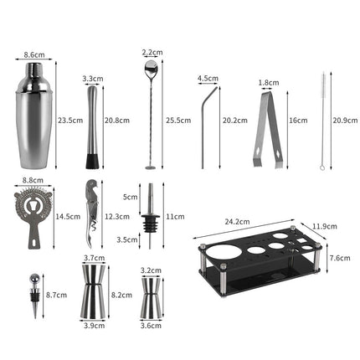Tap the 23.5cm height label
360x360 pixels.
[70, 120]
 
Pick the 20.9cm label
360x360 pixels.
[342, 120]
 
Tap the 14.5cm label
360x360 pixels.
[68, 216]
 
